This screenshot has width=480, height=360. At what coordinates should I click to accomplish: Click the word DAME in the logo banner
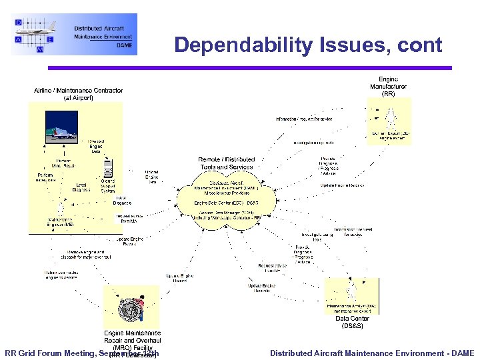coord(124,45)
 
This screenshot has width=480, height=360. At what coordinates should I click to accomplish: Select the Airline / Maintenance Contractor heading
coord(79,94)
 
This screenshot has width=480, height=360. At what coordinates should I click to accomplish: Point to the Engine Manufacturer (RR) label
coord(388,87)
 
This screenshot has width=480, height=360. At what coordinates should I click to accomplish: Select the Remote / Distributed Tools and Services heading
coord(227,163)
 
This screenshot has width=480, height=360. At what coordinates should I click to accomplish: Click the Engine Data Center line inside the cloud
coord(226,203)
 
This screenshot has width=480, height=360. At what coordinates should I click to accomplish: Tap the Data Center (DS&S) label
coord(351,322)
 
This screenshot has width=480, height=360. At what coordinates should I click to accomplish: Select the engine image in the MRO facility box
coord(131,309)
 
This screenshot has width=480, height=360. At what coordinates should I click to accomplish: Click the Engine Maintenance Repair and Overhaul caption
coord(132,340)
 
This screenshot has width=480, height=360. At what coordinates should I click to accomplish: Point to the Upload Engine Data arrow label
coord(152,177)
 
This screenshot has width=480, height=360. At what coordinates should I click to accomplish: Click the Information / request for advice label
coord(305,119)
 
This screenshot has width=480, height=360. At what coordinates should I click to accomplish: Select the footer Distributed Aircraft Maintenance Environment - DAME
coord(372,353)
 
